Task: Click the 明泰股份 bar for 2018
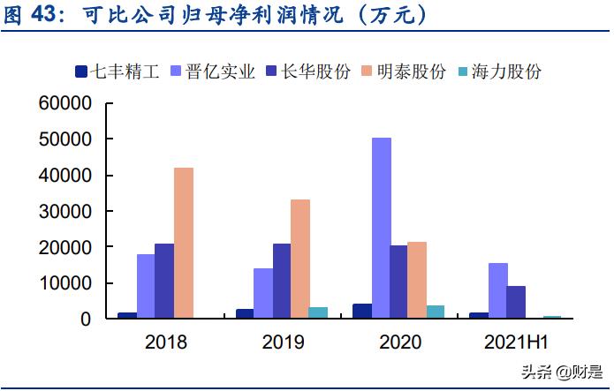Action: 183,243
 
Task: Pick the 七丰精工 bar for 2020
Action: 362,311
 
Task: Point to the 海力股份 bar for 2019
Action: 319,312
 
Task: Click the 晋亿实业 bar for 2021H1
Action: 498,290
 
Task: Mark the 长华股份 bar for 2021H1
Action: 516,302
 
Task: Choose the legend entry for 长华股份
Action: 308,71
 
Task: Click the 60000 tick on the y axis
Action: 66,103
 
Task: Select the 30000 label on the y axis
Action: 66,211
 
